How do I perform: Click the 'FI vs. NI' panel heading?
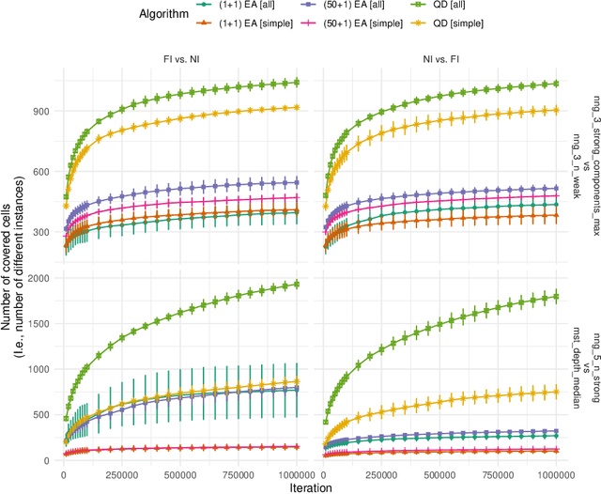(x=183, y=58)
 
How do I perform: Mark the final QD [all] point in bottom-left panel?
(x=298, y=284)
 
